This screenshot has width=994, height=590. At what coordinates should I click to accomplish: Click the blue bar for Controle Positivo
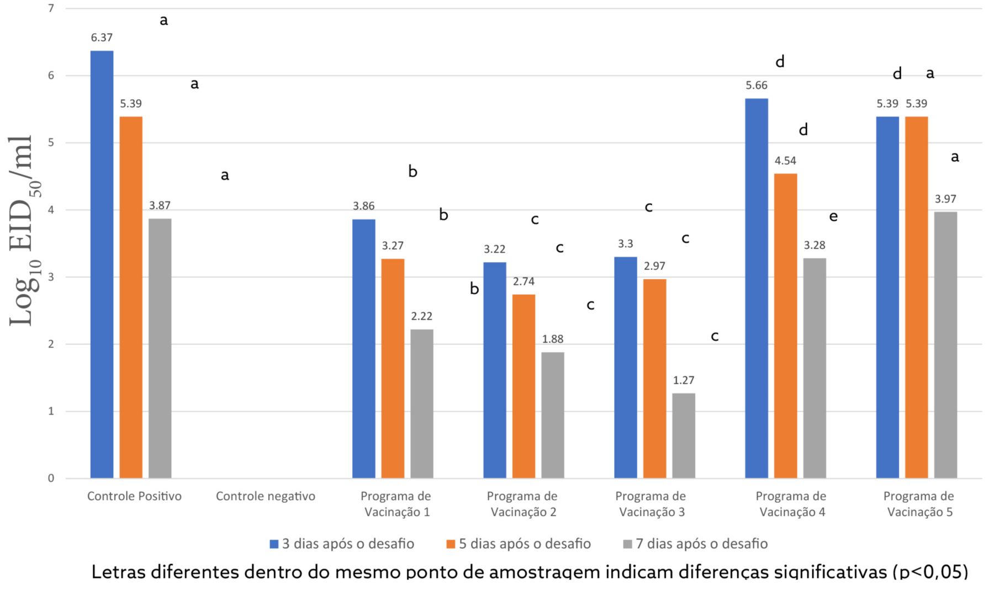click(x=102, y=264)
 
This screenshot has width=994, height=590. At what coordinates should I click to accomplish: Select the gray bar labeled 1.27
click(x=684, y=435)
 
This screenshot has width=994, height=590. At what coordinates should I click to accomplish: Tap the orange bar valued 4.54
click(x=785, y=326)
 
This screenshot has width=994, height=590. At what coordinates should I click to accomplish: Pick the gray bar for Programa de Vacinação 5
click(x=945, y=345)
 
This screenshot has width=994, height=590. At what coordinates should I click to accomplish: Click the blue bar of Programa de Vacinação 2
click(x=495, y=370)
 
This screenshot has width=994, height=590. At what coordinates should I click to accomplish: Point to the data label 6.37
click(x=102, y=38)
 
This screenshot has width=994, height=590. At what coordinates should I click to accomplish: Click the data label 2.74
click(x=524, y=281)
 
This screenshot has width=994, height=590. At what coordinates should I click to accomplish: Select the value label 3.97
click(x=945, y=199)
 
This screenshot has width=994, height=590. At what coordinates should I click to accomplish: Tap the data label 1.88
click(x=553, y=339)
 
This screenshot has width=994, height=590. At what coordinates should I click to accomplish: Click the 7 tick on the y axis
click(x=51, y=8)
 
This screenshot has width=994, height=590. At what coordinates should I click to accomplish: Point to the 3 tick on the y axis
click(x=51, y=277)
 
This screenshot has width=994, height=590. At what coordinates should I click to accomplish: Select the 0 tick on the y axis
click(x=51, y=479)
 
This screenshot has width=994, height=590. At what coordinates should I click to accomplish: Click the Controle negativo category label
click(x=266, y=496)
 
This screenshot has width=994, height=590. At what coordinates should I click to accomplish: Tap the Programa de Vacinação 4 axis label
click(x=792, y=504)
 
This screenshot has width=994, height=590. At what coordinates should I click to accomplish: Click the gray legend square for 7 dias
click(x=627, y=544)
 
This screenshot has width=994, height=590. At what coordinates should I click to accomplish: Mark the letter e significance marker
click(x=833, y=216)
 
